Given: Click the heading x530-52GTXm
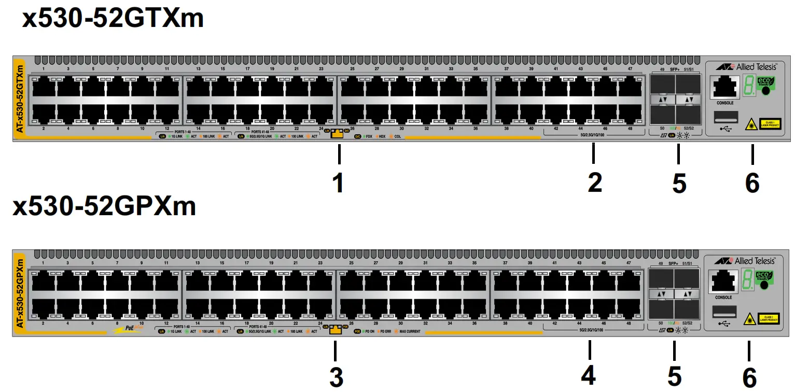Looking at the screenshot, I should tap(113, 19).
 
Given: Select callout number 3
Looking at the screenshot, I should tap(337, 378).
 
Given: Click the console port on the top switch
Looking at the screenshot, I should tap(724, 87).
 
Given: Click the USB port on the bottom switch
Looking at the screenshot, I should tap(723, 311).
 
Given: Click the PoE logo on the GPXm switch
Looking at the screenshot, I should tap(130, 329).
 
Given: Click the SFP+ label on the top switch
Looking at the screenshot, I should tap(674, 69).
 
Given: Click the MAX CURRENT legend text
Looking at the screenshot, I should tap(409, 331).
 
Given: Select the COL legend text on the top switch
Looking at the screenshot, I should tap(397, 136).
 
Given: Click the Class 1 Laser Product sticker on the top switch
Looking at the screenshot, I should tap(770, 123).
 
